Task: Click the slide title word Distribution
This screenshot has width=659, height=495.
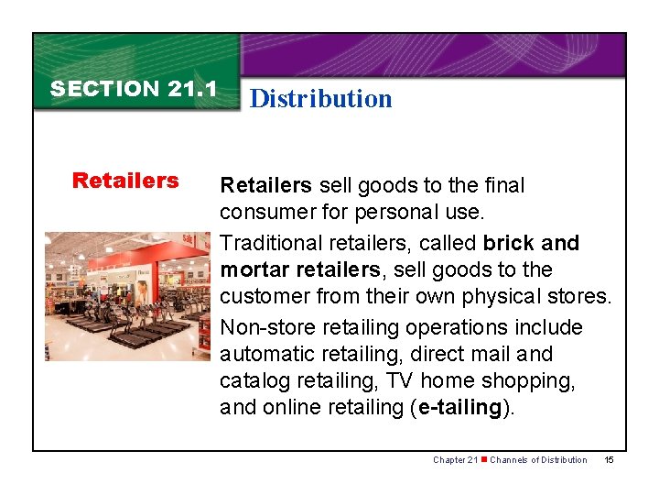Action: pyautogui.click(x=320, y=99)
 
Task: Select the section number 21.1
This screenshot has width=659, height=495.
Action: pyautogui.click(x=192, y=89)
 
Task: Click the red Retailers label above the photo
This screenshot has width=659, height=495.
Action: pyautogui.click(x=125, y=181)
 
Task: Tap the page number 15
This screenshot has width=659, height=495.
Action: pyautogui.click(x=610, y=459)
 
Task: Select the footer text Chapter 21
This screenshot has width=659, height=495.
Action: pyautogui.click(x=455, y=459)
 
